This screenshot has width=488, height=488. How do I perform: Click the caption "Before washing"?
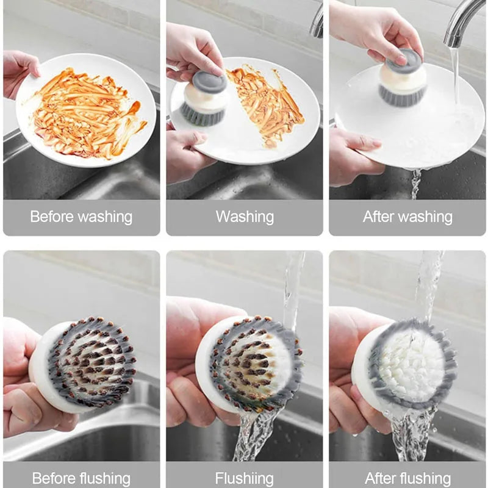click(x=81, y=217)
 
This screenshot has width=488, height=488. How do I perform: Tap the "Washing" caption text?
click(x=245, y=217)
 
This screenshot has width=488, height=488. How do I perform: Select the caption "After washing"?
click(x=407, y=217)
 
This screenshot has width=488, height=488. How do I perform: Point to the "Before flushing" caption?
click(x=81, y=478)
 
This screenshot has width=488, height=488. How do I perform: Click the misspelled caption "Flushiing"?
click(x=245, y=478)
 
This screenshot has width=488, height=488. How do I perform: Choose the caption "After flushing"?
click(x=407, y=478)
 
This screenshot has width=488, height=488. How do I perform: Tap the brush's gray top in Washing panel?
click(x=210, y=81)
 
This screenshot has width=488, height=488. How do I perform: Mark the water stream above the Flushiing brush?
click(x=293, y=287)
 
